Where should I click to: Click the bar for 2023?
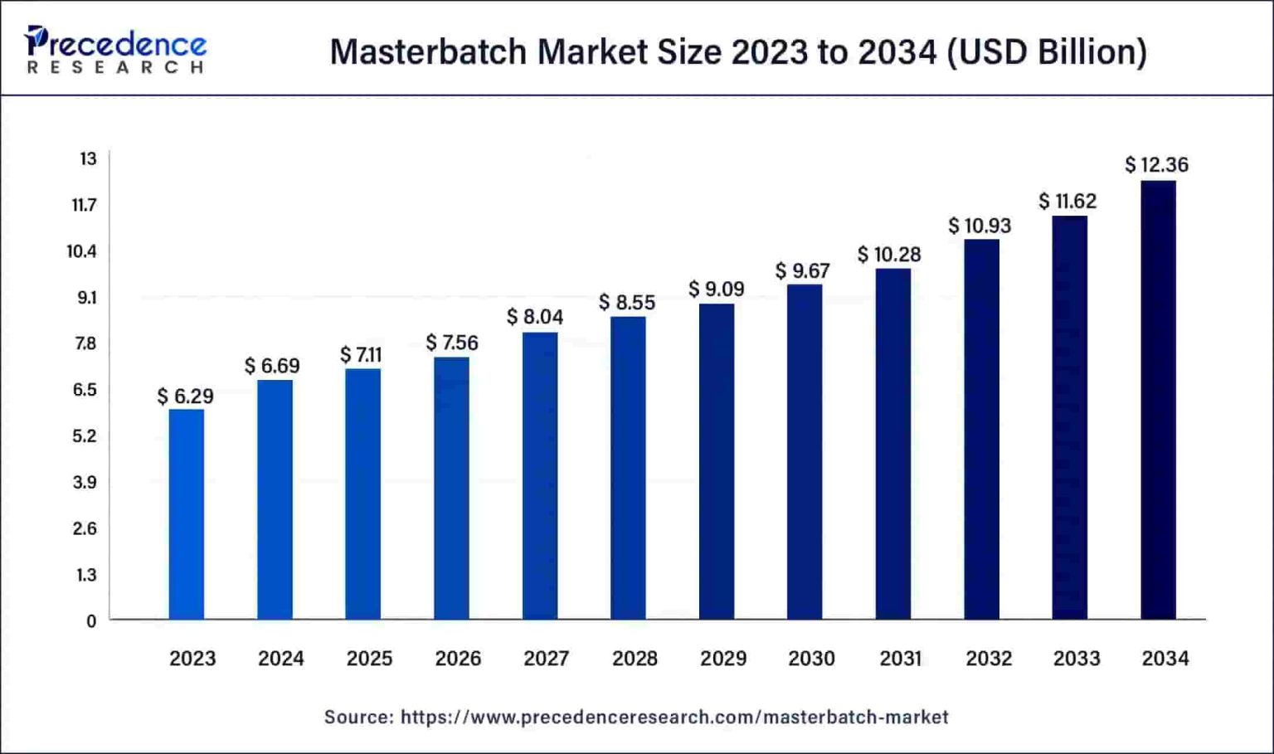point(187,514)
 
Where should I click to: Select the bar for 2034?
point(1158,400)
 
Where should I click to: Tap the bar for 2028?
point(628,468)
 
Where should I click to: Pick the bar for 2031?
point(892,444)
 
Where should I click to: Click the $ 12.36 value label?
point(1156,165)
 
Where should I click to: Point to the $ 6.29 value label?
point(186,396)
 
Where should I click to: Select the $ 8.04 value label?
point(535,317)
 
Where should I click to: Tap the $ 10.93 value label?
point(980,226)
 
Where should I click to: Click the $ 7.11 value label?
point(361,355)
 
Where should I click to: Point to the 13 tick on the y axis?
point(88,158)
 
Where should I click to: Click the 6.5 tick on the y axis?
point(85,390)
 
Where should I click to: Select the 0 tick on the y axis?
point(91,621)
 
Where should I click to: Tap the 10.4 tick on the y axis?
point(82,251)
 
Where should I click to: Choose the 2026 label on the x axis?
point(458,659)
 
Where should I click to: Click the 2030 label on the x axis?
point(811,659)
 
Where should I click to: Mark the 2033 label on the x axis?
point(1077,659)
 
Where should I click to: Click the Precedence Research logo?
point(115,50)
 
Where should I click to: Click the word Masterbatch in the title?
point(428,51)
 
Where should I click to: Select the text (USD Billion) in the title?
point(1047,51)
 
